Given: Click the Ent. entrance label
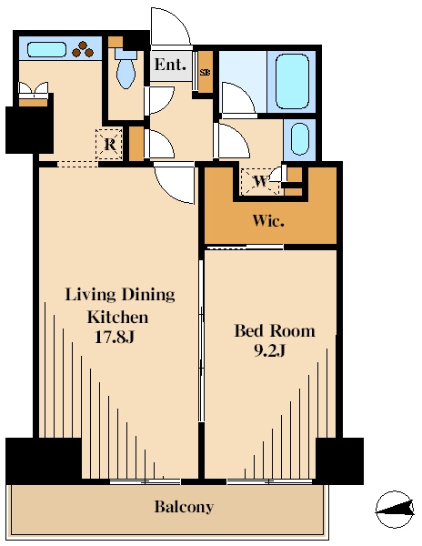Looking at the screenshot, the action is [x=170, y=65].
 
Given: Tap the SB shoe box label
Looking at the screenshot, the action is [x=205, y=73].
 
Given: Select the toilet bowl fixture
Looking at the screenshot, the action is [x=126, y=69].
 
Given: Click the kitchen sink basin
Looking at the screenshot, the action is [x=46, y=49].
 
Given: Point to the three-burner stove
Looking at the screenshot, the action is [x=83, y=49].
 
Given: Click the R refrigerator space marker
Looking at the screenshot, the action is [x=109, y=144].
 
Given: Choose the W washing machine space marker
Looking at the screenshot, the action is [x=261, y=181].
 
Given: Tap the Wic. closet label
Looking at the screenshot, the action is [x=268, y=220].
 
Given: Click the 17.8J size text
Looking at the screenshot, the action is [x=115, y=337].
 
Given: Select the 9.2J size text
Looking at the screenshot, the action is [x=269, y=350].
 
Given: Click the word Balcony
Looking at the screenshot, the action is [x=184, y=507].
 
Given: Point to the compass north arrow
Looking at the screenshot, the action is [x=396, y=509].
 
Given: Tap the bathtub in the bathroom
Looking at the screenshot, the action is [x=292, y=82].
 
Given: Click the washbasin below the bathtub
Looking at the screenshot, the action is [x=299, y=139].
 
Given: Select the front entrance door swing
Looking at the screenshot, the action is [x=170, y=26].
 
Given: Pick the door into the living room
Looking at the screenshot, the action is [x=174, y=183].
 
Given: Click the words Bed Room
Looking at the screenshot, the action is [x=275, y=330].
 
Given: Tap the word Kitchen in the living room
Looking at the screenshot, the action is [x=117, y=317].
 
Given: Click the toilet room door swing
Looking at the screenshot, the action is [x=160, y=99].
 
